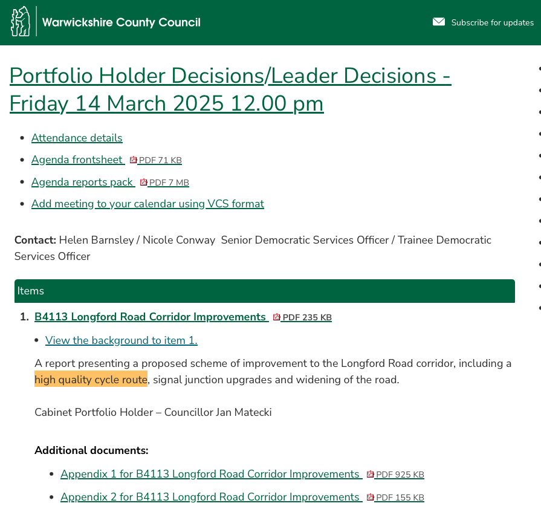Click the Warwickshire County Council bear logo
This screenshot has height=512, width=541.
click(21, 22)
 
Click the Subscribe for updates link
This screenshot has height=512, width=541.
click(492, 23)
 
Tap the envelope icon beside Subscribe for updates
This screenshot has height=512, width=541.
click(438, 22)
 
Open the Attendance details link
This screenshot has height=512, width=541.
click(77, 138)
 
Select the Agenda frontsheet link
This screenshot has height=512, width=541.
click(77, 160)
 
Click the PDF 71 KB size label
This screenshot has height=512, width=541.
click(160, 161)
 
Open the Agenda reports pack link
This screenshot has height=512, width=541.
click(83, 182)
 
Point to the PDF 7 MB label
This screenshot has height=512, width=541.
click(169, 183)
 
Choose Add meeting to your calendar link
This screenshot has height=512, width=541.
click(147, 204)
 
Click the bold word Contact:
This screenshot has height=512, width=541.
click(35, 240)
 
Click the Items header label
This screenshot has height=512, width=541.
click(31, 291)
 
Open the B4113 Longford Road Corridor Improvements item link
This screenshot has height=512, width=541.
click(151, 317)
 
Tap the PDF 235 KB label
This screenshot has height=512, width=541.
click(306, 317)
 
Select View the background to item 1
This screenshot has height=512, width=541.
click(121, 340)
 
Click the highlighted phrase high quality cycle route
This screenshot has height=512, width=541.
click(91, 380)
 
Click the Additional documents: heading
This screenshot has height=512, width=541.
click(91, 450)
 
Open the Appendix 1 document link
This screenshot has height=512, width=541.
click(210, 474)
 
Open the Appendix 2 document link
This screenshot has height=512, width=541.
click(210, 497)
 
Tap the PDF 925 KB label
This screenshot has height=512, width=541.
click(400, 475)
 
